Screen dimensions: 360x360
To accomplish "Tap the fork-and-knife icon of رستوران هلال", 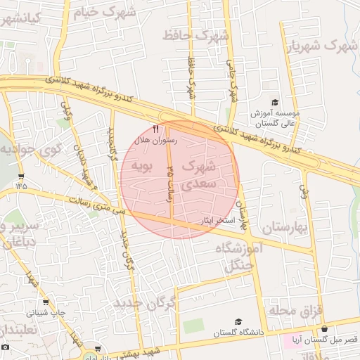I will pos(155,129).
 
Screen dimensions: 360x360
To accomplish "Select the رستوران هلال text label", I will pos(156,141).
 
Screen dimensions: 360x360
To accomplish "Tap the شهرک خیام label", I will pos(108,12).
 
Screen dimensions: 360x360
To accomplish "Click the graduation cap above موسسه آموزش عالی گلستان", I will pos(274,103).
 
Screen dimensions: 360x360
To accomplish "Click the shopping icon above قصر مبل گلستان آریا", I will pos(324,328).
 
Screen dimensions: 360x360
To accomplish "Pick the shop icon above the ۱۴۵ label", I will pos(21,176).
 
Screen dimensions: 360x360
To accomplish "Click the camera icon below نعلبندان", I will pos(6,347).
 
